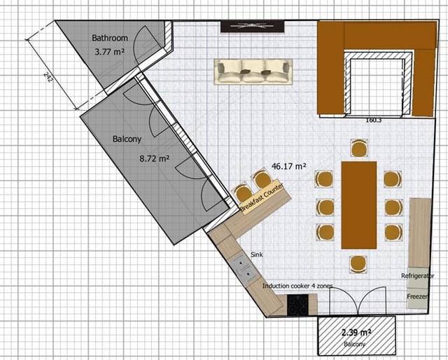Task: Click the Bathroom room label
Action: coord(110,38)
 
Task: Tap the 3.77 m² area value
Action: coord(110,52)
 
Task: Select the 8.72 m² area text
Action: coord(155,158)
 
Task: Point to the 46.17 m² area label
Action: coord(289,166)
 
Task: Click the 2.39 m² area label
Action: coord(356,333)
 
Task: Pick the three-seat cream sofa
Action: coord(253,71)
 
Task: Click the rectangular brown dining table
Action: coord(359,205)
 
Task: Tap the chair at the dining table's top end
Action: coord(359,148)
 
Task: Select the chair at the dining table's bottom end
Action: coord(358,264)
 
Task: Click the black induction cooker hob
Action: coord(298,305)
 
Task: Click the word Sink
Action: coord(257,254)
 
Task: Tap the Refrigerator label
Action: coord(418,276)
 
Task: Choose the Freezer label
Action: coord(417,296)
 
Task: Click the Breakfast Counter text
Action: coord(262,198)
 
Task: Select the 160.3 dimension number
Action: coord(374,120)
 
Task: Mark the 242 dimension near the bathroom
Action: coord(48,77)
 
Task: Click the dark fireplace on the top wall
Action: coord(253,27)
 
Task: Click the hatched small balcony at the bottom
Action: coord(357,335)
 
